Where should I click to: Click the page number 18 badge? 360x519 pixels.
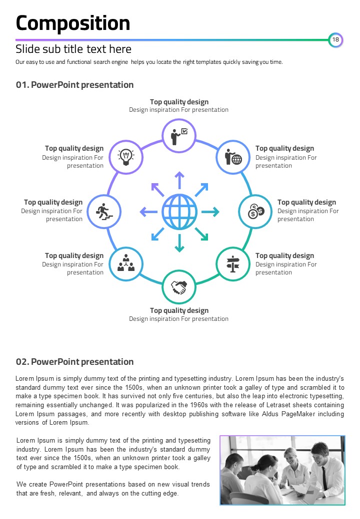click(335, 40)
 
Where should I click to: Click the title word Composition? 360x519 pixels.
click(73, 23)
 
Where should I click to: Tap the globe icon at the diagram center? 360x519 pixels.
click(179, 212)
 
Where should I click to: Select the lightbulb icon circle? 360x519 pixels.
click(126, 157)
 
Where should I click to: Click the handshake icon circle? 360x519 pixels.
click(179, 287)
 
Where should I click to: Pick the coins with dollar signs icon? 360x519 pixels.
click(255, 212)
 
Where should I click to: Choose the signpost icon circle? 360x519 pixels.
click(232, 264)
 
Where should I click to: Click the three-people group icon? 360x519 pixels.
click(126, 264)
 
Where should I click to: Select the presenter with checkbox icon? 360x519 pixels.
click(179, 135)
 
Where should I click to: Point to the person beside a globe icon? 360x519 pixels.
click(232, 157)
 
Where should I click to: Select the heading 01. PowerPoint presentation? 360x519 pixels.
click(74, 85)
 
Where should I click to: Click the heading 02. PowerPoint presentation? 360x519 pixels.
click(74, 362)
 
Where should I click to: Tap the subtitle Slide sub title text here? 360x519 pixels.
click(73, 49)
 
